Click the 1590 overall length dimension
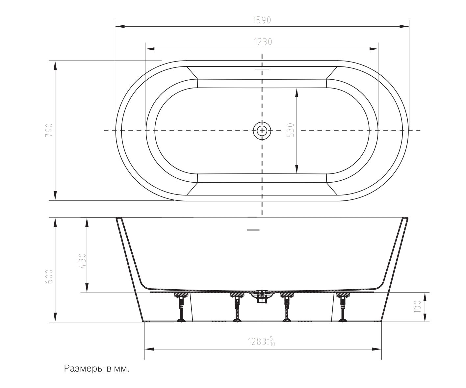coord(262,20)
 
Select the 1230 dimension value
coord(263,42)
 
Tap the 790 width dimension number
coord(49,130)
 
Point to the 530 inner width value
coord(291,130)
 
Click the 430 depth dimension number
coord(82,261)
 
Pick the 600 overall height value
coord(49,277)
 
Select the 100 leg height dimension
coord(417,307)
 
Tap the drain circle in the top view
coord(262,131)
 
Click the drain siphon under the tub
coord(262,297)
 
